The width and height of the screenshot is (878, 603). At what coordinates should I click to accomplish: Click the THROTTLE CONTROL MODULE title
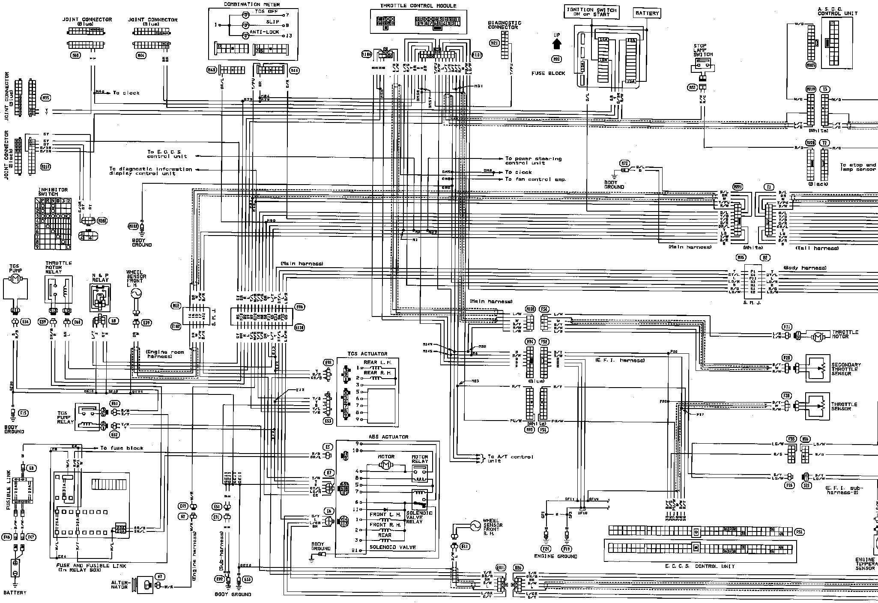418,6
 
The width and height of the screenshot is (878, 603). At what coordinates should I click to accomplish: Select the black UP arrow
557,43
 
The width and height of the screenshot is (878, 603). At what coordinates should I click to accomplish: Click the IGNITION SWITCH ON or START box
591,12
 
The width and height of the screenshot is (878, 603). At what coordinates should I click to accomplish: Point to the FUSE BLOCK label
548,73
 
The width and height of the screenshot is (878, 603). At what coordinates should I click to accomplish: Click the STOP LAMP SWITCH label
703,50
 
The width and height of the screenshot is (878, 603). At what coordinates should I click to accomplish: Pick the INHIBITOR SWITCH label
53,192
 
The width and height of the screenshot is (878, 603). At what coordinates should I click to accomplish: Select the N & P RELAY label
100,278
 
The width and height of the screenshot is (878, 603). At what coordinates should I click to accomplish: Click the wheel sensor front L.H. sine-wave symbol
137,293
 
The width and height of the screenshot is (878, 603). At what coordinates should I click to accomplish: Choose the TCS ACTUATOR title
367,354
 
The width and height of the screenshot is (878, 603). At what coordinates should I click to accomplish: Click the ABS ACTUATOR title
388,437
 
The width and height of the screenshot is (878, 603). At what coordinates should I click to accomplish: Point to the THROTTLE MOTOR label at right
845,334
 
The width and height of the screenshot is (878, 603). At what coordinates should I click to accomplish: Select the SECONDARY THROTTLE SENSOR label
846,369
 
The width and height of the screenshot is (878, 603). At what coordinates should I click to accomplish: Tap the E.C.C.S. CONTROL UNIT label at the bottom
700,566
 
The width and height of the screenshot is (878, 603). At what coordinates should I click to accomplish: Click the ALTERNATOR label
119,585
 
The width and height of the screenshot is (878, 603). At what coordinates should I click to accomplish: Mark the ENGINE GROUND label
555,556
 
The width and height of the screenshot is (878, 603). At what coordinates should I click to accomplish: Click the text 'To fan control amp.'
535,179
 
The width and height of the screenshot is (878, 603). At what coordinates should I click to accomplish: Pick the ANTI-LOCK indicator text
266,32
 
